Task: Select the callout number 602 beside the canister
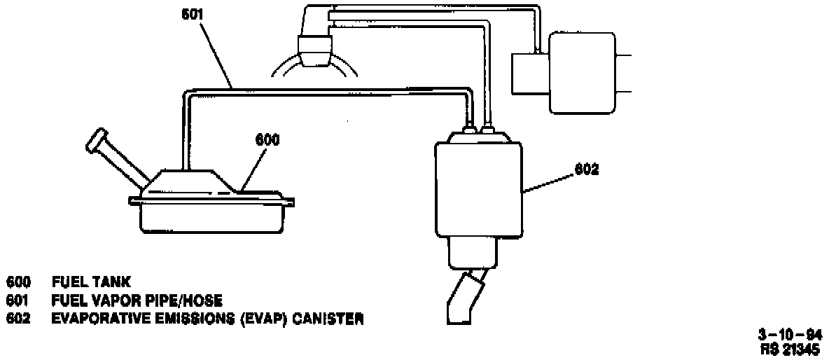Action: [x=587, y=169]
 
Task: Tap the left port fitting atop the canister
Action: [x=468, y=127]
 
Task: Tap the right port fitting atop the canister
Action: [x=488, y=127]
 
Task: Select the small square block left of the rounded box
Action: [x=531, y=73]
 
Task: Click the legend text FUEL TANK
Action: [x=91, y=282]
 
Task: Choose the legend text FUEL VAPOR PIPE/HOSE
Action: [x=137, y=301]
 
